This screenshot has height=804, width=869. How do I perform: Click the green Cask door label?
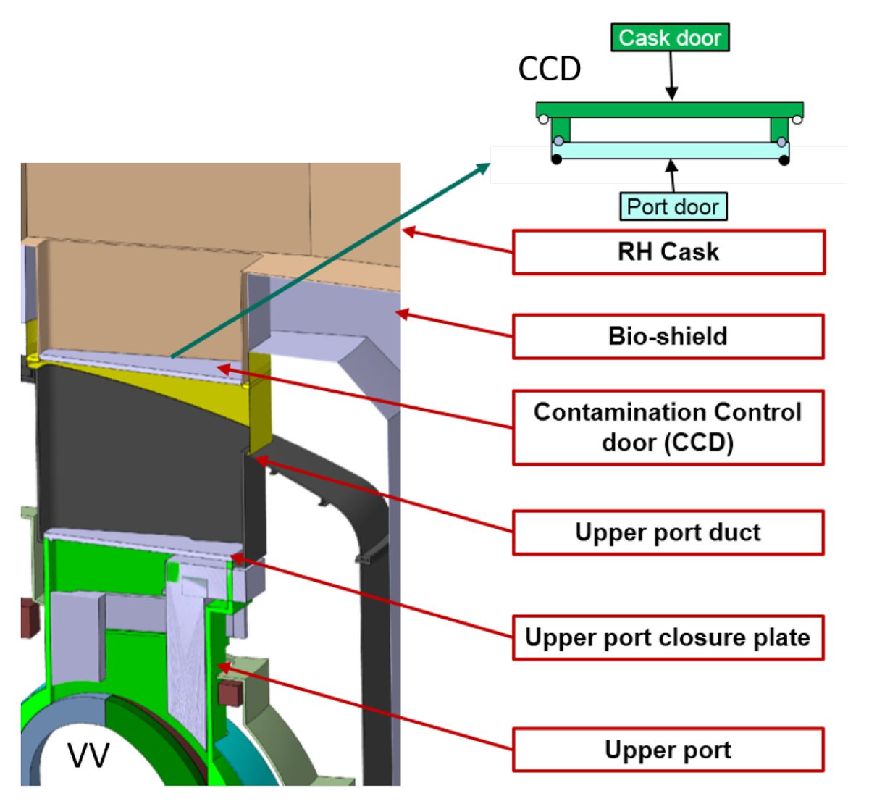pos(670,38)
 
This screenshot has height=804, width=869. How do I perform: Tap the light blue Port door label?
pos(673,206)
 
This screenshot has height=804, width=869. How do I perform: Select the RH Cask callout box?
pos(668,252)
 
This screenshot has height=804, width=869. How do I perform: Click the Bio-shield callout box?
pos(668,336)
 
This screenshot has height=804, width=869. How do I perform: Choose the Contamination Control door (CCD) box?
pos(668,427)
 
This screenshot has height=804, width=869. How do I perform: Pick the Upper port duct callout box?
pos(668,532)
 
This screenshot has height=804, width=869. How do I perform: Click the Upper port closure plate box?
pos(668,637)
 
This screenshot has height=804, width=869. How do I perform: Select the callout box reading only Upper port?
pos(668,750)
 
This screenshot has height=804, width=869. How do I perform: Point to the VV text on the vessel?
pos(88,755)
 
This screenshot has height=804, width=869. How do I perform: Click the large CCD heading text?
pos(550,70)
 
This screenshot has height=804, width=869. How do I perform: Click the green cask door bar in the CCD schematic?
pos(669,110)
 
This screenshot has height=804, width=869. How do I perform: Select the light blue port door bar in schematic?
pos(669,151)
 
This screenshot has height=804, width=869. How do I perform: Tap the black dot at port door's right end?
pos(784,159)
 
